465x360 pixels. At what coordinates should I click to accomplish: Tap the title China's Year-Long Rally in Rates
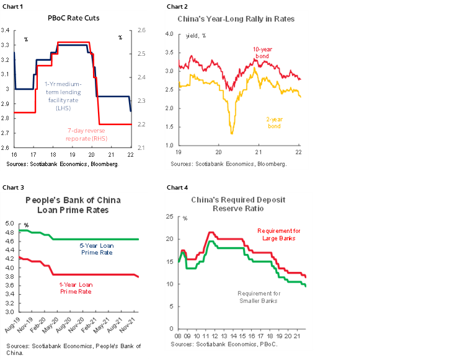coord(236,19)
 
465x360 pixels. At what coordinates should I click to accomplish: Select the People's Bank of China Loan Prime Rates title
coord(73,204)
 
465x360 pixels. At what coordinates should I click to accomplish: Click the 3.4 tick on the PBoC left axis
coord(6,30)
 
